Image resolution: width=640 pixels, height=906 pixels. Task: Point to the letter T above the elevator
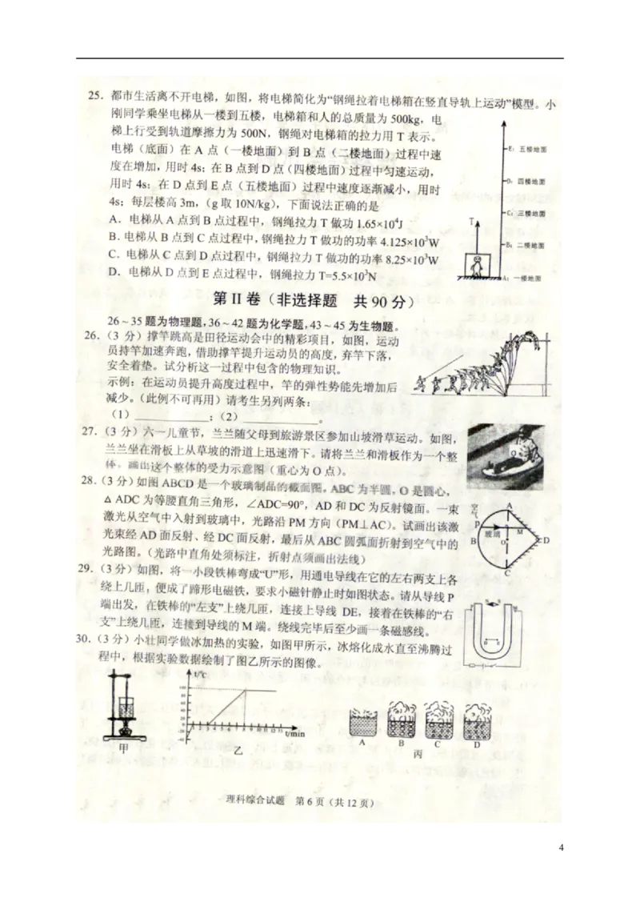click(472, 221)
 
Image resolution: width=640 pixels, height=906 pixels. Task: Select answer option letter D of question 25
click(113, 274)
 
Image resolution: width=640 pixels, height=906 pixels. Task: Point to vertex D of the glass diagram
click(546, 539)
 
